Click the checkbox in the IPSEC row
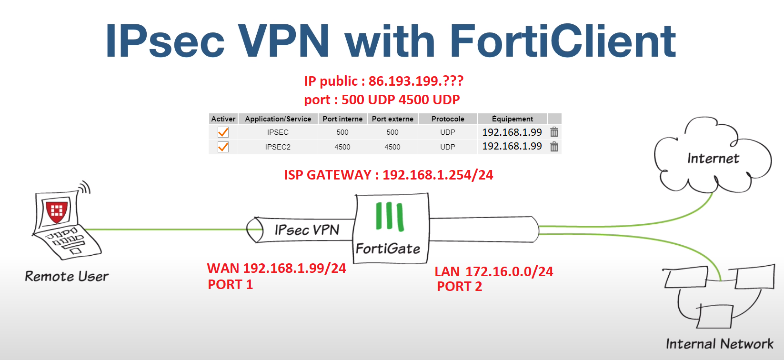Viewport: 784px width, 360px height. click(x=223, y=132)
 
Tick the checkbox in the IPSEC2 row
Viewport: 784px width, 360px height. click(x=223, y=147)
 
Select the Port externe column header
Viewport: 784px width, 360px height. click(x=392, y=119)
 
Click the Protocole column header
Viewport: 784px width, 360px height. click(x=448, y=119)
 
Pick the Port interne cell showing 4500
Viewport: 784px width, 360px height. click(x=342, y=147)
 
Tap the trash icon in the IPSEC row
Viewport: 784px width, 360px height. click(x=554, y=132)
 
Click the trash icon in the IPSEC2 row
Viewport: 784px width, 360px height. click(x=554, y=147)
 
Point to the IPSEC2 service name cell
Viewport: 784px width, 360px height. click(x=278, y=147)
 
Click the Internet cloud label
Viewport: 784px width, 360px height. click(x=713, y=159)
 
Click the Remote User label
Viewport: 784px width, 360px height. click(x=67, y=276)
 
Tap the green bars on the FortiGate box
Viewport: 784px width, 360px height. click(x=390, y=217)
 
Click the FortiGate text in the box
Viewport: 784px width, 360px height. click(x=388, y=249)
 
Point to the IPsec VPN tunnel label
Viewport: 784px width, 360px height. click(x=307, y=230)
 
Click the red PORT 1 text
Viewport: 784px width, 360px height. click(x=231, y=285)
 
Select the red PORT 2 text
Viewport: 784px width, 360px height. click(x=460, y=287)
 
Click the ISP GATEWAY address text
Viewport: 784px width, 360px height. click(x=389, y=175)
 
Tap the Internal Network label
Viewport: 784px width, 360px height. click(x=719, y=344)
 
